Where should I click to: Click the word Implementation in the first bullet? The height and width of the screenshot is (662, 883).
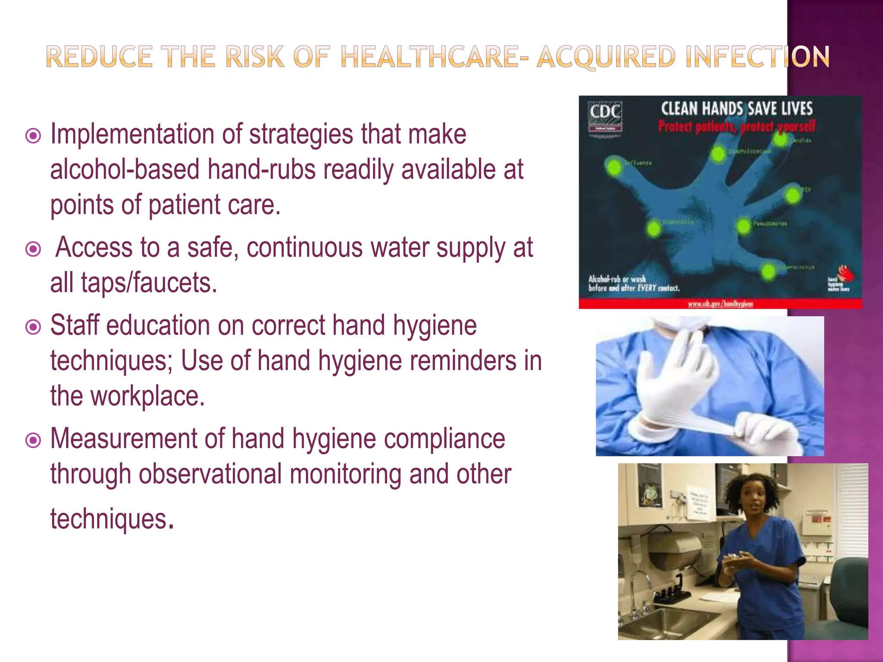click(x=132, y=134)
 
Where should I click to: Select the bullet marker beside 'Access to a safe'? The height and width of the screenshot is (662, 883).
click(x=33, y=249)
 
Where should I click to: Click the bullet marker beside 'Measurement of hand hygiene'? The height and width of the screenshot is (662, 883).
click(x=33, y=440)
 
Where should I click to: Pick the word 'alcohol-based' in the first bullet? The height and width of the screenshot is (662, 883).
click(x=125, y=169)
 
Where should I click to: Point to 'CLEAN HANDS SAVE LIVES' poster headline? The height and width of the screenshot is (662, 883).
click(x=736, y=109)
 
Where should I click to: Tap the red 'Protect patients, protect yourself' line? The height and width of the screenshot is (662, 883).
click(x=736, y=127)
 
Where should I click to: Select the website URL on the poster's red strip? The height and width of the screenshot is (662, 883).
click(x=720, y=304)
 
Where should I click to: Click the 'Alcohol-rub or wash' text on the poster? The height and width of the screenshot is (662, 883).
click(x=617, y=279)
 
